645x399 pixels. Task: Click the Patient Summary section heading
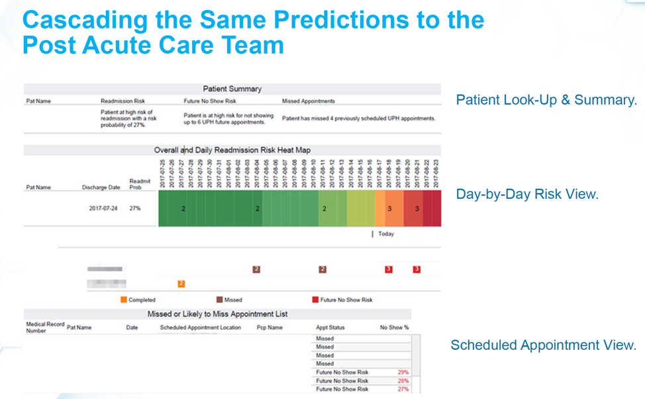[x=232, y=89]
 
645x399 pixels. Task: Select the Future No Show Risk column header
[x=210, y=101]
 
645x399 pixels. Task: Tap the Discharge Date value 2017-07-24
[x=104, y=208]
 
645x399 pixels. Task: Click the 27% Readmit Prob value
[x=135, y=208]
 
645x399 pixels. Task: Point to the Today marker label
[x=385, y=234]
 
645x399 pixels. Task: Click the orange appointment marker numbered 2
[x=181, y=284]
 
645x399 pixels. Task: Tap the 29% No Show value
[x=403, y=372]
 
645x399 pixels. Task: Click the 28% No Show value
[x=403, y=381]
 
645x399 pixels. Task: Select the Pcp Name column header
[x=270, y=327]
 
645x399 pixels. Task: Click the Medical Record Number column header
[x=45, y=327]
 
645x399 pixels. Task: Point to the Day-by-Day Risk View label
[x=527, y=194]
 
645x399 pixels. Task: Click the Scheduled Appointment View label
[x=543, y=345]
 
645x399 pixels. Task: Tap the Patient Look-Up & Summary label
[x=546, y=100]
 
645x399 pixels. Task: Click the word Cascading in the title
[x=85, y=19]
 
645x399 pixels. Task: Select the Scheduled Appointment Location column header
[x=200, y=327]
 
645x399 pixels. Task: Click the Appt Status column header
[x=330, y=327]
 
